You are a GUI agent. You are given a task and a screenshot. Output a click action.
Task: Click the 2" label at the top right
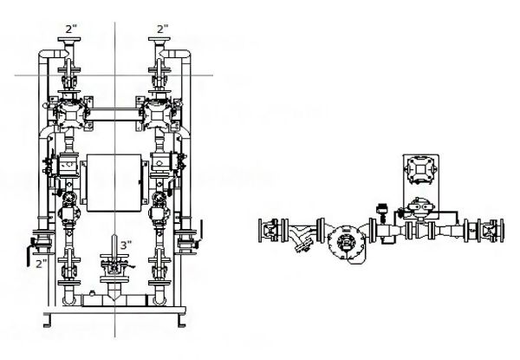(160, 29)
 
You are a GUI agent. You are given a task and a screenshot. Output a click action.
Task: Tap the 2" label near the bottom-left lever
(41, 263)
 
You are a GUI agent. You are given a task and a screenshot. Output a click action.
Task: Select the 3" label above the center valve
(125, 245)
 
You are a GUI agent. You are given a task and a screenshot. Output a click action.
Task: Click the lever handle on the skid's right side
(198, 231)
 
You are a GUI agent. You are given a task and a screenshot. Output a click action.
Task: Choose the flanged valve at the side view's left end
(271, 231)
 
